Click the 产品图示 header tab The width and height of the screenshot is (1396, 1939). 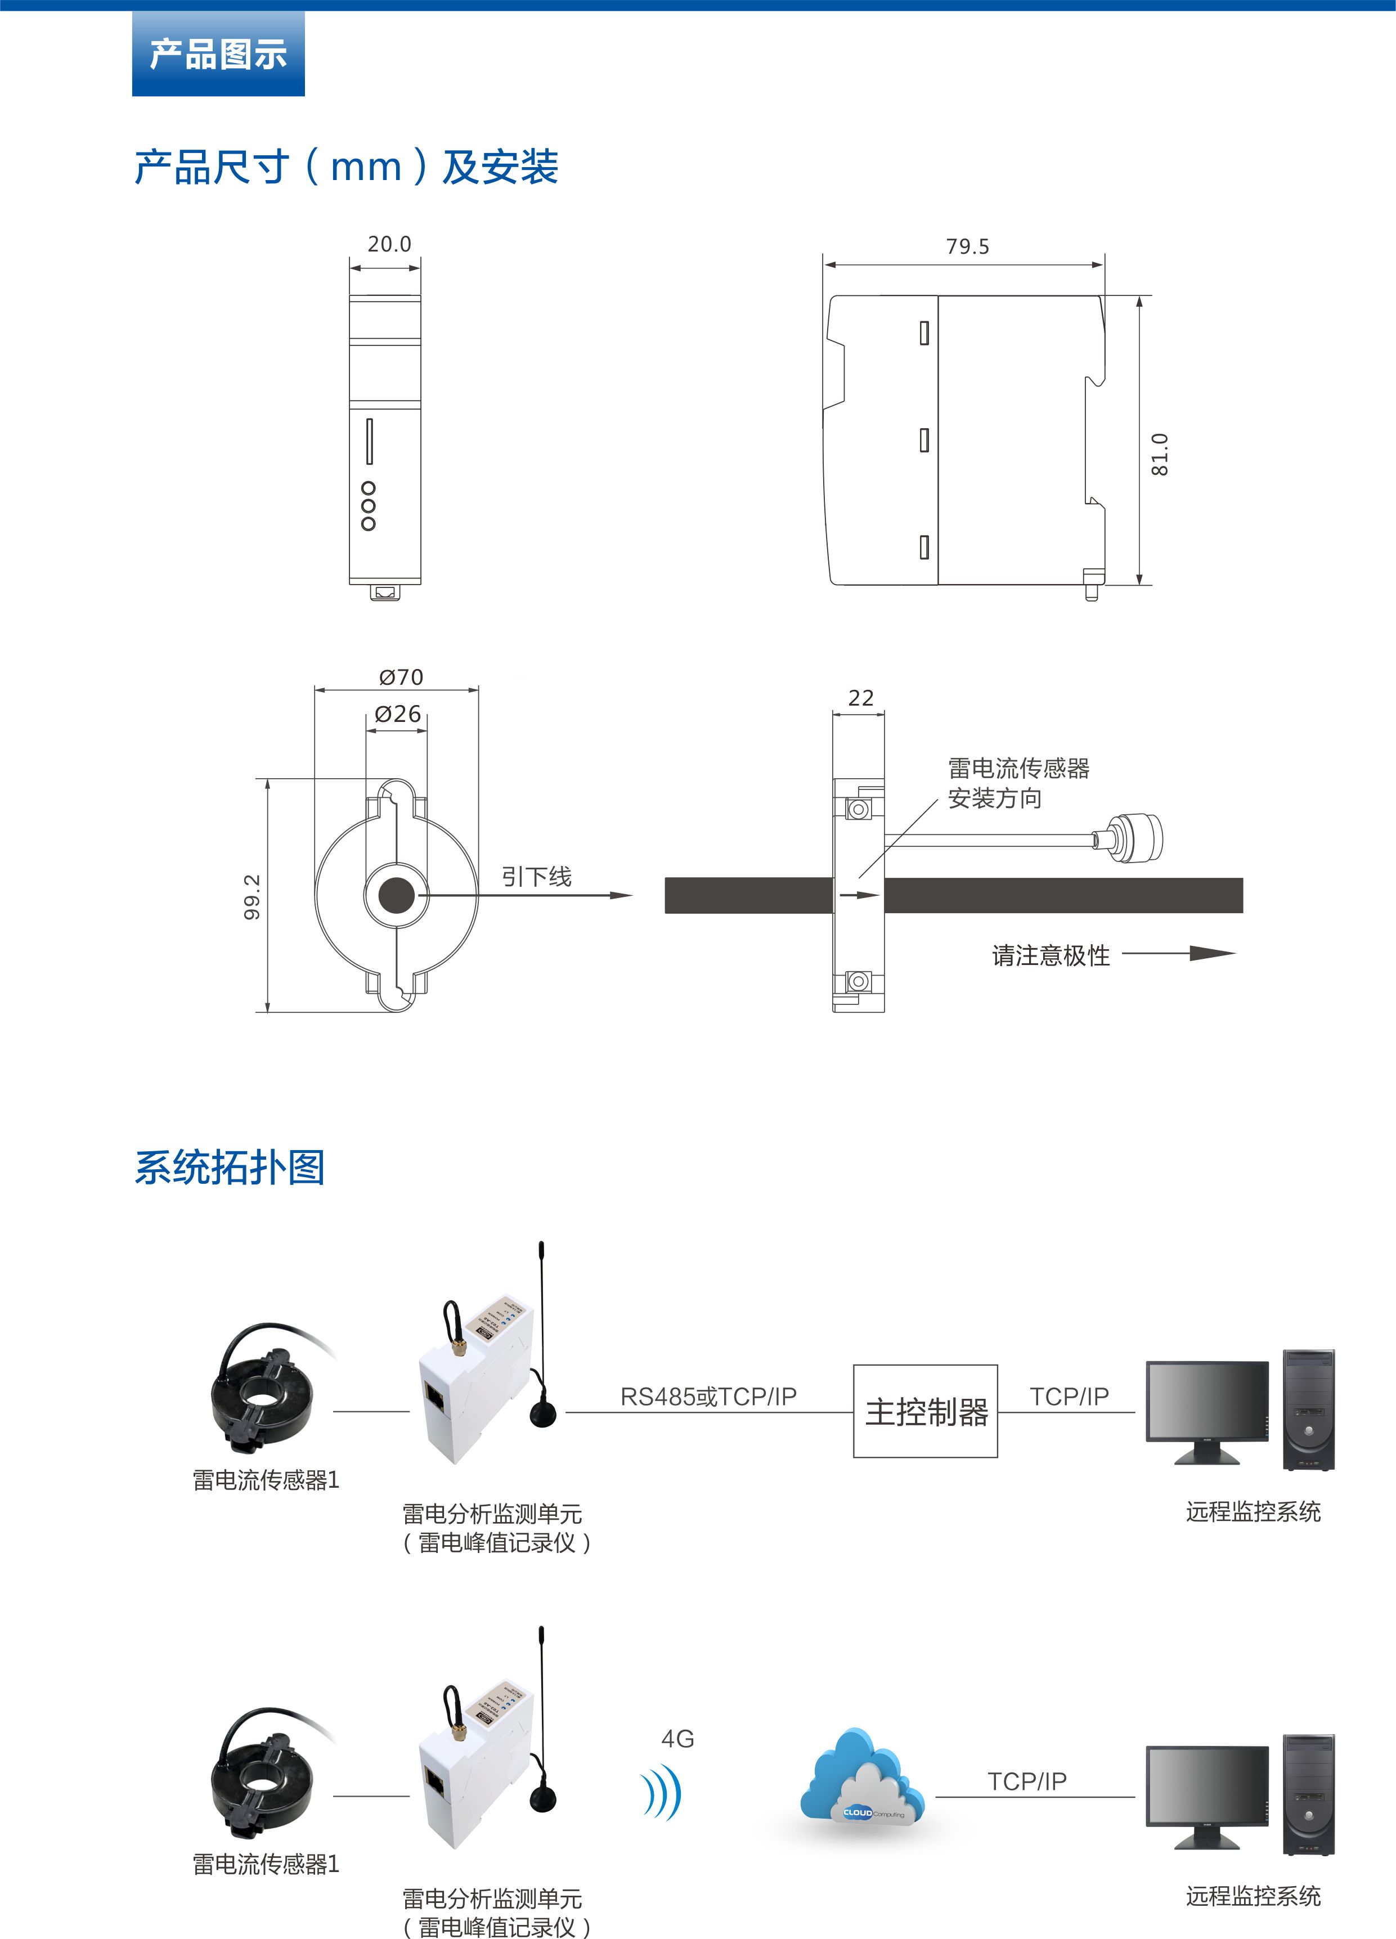point(218,54)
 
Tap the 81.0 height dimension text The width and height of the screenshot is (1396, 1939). point(1159,454)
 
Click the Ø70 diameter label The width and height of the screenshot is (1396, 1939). point(401,677)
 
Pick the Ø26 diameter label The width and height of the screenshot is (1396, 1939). point(398,714)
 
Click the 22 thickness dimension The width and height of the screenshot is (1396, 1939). point(861,698)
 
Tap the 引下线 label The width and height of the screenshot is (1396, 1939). point(536,876)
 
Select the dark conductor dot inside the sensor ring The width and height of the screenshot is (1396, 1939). point(397,895)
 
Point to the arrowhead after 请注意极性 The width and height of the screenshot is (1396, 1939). point(1212,953)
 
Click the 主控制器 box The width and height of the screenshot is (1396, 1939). point(925,1412)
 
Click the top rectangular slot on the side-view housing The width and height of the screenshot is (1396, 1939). point(924,333)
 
